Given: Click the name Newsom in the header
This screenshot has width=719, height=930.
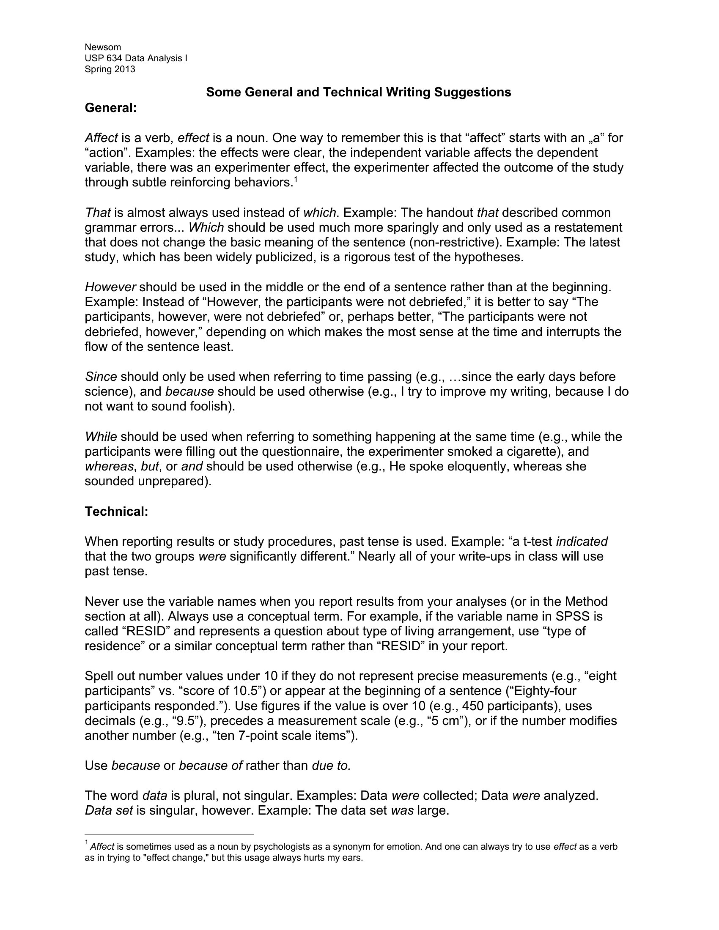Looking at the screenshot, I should coord(103,47).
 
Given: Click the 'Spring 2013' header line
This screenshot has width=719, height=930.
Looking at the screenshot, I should coord(110,69).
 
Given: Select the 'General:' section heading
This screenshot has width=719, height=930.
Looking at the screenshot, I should coord(111,108).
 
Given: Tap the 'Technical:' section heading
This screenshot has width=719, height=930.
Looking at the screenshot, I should coord(116,511).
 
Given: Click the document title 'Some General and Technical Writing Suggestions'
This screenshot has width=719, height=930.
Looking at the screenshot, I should coord(358,93).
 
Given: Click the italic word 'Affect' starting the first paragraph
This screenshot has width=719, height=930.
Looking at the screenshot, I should coord(102,138).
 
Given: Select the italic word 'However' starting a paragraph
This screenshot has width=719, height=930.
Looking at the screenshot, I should coord(110,287).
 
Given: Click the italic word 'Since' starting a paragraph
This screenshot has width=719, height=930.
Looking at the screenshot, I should coord(101,377).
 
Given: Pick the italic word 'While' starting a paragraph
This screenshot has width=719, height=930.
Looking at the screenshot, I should coord(101,437).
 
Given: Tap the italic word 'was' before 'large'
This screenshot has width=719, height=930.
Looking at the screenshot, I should coord(402,811).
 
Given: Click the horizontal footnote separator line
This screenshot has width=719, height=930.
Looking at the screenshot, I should coord(169,834).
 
